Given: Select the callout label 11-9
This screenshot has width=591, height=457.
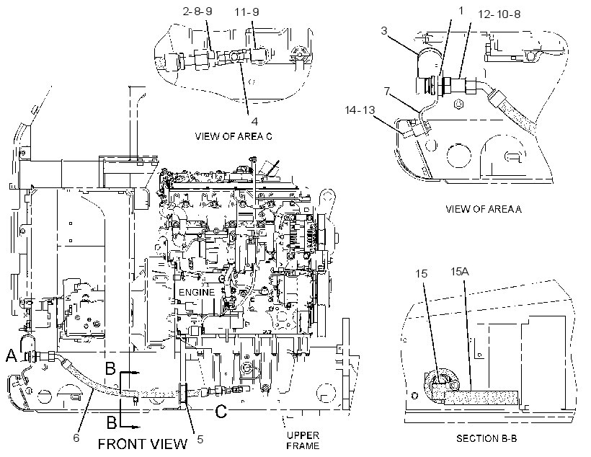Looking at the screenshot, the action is (247, 12).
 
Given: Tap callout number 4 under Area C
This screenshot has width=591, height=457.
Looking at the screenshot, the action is (255, 121).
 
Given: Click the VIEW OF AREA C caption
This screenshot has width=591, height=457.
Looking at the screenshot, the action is (234, 136).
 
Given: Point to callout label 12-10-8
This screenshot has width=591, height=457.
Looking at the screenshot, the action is (499, 14).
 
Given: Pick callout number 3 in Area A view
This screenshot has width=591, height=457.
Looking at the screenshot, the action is (383, 30).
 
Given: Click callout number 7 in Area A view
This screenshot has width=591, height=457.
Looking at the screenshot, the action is (387, 92).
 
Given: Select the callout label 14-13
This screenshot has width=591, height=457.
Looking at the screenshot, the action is (360, 110).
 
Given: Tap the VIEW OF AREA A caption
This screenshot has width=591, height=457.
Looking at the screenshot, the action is (484, 209).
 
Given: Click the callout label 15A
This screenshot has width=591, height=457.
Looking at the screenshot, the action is (460, 272).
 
